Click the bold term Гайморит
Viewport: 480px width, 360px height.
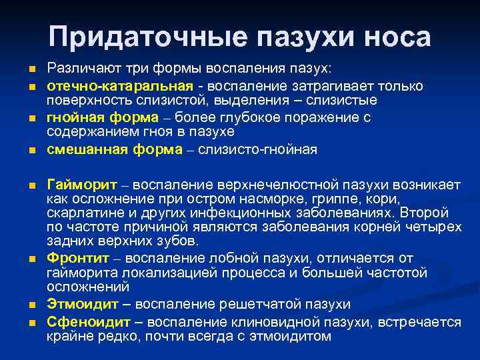81,183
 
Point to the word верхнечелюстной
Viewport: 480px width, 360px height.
261,183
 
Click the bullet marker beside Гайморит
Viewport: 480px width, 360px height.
32,185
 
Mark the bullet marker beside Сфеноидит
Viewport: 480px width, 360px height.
32,323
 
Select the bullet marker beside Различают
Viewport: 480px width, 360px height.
32,71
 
